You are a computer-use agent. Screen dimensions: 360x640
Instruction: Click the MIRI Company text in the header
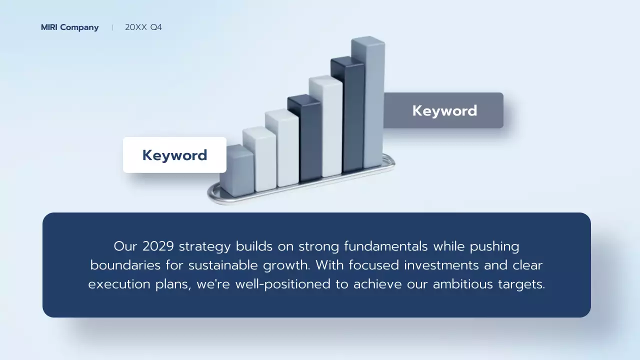point(69,27)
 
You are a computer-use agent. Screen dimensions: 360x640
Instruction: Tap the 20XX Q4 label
point(143,27)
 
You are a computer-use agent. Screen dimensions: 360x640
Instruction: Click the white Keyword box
point(174,155)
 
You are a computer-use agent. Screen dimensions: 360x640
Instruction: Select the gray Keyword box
point(444,110)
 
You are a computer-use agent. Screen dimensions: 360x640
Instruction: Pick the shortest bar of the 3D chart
point(236,170)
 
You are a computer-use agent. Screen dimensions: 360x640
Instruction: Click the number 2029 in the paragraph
point(158,246)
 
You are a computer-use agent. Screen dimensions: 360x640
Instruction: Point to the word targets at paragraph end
point(521,284)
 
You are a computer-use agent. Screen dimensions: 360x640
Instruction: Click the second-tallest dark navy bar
point(347,115)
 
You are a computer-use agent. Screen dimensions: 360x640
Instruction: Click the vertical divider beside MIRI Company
point(112,27)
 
